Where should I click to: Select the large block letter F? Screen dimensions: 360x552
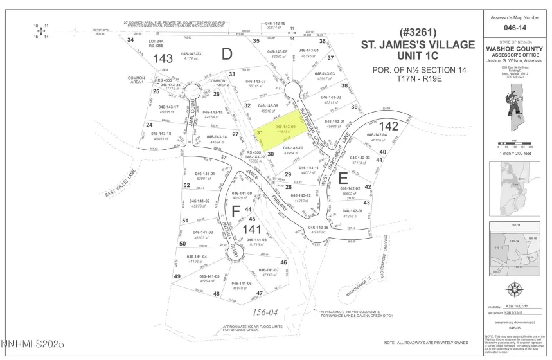(x=236, y=210)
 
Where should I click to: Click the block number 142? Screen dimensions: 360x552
(x=389, y=126)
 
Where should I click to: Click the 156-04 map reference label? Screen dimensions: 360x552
(x=263, y=310)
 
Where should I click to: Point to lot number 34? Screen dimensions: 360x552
(x=130, y=40)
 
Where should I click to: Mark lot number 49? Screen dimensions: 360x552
(x=177, y=276)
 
